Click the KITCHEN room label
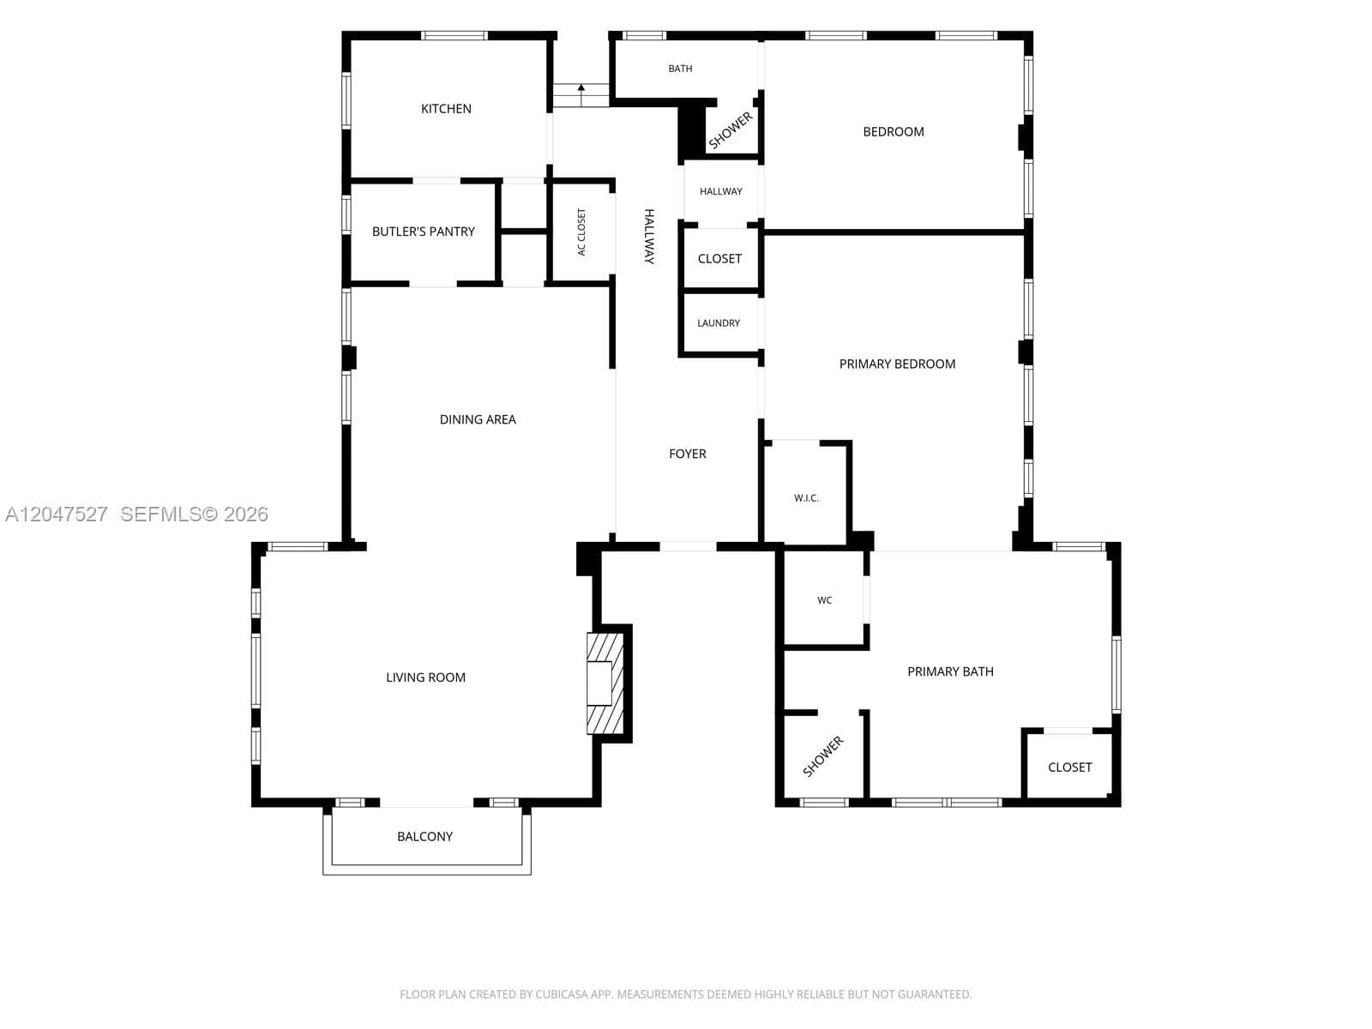point(446,109)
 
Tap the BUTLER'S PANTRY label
point(423,232)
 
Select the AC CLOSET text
point(581,232)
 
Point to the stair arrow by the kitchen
point(581,95)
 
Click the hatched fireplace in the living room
point(605,683)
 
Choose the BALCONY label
point(424,837)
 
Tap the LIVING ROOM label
point(425,677)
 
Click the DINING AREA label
point(478,420)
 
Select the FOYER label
point(687,454)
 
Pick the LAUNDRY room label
point(719,323)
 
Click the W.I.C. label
point(806,498)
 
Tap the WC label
point(824,600)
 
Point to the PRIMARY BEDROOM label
point(897,364)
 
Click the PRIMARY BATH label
point(950,671)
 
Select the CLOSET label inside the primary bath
point(1069,767)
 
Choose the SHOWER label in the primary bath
point(822,756)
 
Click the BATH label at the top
point(680,69)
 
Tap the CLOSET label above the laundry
point(719,259)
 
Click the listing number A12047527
point(57,514)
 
